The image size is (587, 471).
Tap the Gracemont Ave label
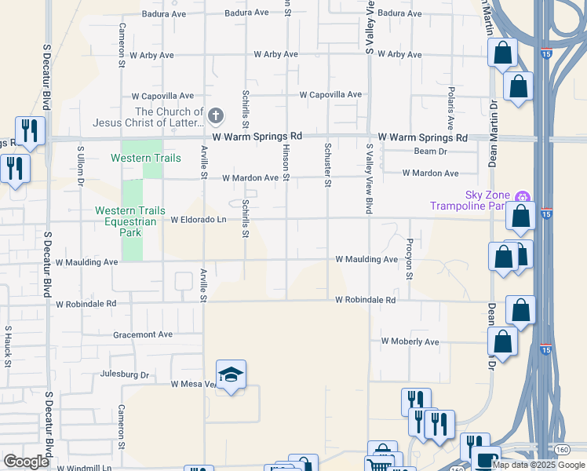pos(142,334)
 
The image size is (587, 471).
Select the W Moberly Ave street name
pos(410,342)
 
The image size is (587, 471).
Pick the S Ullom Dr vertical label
pos(80,165)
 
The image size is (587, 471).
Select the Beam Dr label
pos(431,152)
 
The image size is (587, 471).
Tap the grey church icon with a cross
pos(217,118)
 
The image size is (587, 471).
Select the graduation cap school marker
pos(231,376)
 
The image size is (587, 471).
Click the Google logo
pos(26,461)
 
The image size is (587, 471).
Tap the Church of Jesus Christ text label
pos(148,118)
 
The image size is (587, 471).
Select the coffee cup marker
pos(486,459)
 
